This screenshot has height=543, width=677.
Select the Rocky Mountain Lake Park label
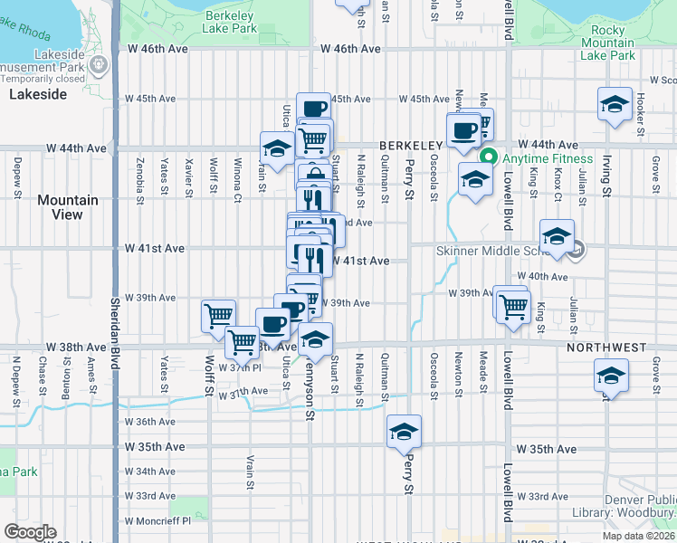(x=607, y=43)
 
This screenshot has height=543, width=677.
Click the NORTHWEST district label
(x=607, y=347)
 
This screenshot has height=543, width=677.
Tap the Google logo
(x=30, y=532)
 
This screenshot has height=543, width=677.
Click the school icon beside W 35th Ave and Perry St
(x=405, y=432)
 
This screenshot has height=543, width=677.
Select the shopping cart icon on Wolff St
(x=218, y=316)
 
